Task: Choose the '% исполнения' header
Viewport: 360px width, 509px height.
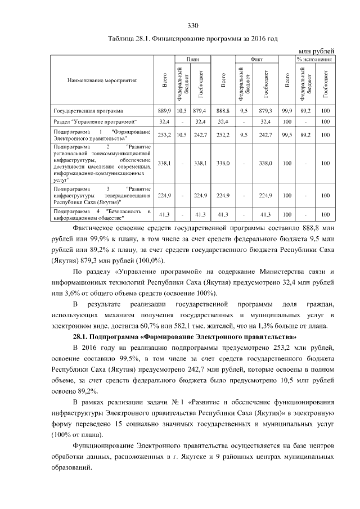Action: [x=314, y=58]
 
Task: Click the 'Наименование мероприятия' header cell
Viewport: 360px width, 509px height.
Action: [x=102, y=81]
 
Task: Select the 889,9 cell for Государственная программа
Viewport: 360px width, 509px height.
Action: [x=164, y=111]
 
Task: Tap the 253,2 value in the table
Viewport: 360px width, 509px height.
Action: [x=164, y=136]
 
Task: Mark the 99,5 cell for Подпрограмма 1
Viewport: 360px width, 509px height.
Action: [x=288, y=136]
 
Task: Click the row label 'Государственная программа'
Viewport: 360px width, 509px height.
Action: [x=88, y=111]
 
